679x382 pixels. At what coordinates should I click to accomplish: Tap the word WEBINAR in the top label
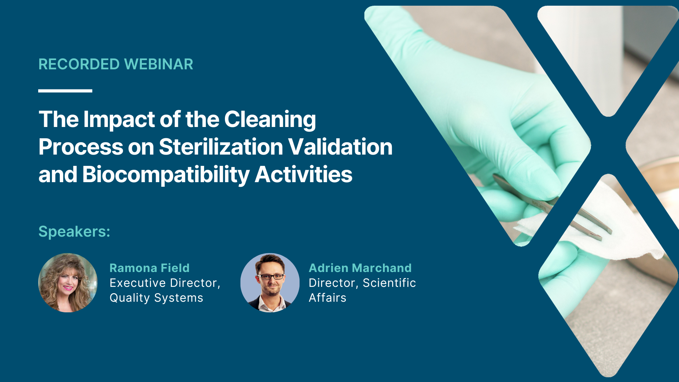click(x=159, y=64)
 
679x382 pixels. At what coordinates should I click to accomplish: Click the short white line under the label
click(x=65, y=91)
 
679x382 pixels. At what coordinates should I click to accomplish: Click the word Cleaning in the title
click(x=270, y=120)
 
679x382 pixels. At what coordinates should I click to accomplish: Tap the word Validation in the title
click(x=340, y=147)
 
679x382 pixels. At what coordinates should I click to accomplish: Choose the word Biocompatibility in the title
click(x=166, y=175)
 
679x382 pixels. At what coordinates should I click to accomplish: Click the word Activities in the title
click(x=303, y=174)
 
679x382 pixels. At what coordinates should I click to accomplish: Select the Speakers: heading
click(x=74, y=232)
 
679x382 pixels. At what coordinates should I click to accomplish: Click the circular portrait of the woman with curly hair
click(x=68, y=283)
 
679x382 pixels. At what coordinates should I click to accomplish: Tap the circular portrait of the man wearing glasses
click(x=270, y=283)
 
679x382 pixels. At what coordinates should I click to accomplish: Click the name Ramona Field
click(x=150, y=268)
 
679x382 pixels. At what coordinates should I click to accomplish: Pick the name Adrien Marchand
click(x=360, y=268)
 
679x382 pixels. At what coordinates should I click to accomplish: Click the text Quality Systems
click(x=156, y=298)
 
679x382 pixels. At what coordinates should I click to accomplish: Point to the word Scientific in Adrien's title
click(x=389, y=283)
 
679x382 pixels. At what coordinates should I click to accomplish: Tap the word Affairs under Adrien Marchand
click(x=327, y=298)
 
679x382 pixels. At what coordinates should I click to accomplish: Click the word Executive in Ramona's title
click(x=138, y=283)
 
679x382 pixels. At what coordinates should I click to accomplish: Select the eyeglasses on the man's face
click(x=271, y=277)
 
